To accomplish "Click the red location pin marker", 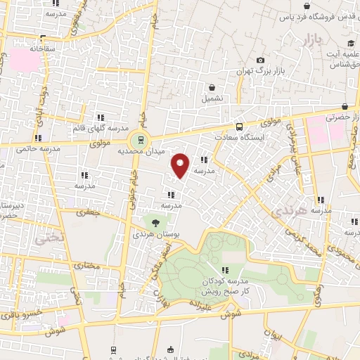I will point(181,165).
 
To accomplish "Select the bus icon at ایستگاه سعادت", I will point(240,127).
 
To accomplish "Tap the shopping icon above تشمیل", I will point(212,88).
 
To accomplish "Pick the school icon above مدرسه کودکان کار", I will point(225,269).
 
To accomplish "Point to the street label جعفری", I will point(89,211).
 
